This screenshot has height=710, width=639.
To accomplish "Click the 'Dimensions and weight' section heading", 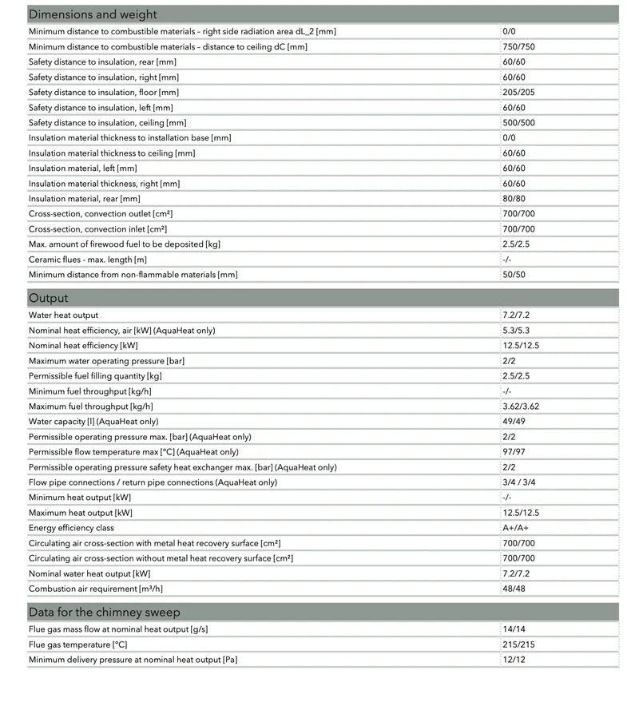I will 93,14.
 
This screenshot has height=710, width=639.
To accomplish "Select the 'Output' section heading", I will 49,298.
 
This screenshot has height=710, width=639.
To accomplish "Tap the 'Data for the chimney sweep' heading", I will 104,612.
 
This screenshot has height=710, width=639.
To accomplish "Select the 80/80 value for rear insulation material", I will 514,198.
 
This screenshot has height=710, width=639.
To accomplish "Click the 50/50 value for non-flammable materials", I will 514,275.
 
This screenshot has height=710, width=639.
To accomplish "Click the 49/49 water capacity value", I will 514,422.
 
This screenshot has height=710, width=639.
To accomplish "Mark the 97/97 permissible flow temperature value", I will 514,452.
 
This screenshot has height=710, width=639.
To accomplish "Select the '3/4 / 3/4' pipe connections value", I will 520,482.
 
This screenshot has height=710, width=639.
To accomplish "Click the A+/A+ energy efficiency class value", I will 515,528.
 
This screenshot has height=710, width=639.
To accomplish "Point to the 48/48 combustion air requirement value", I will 514,589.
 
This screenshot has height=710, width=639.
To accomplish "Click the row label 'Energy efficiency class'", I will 71,528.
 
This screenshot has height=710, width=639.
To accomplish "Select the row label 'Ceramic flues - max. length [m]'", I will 88,260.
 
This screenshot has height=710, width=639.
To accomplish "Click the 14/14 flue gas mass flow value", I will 514,629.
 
